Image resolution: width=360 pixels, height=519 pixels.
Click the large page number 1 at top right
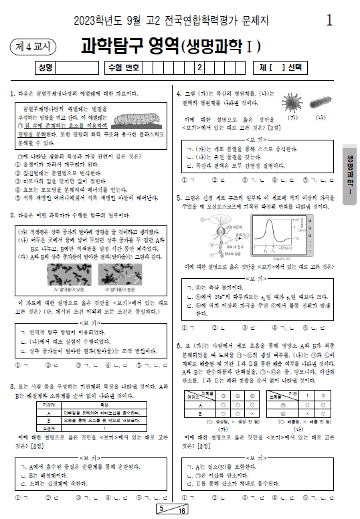click(x=329, y=20)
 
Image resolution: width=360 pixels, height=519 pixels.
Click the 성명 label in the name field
click(x=46, y=68)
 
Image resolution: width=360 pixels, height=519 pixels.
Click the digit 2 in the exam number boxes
click(x=199, y=68)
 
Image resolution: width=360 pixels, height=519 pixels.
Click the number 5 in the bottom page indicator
click(x=161, y=509)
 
